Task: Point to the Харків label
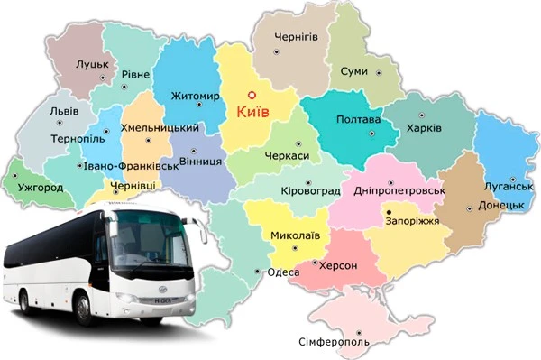point(424,128)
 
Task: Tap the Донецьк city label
point(501,206)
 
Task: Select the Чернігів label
point(297,35)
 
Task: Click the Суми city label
point(353,70)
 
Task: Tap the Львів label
point(65,112)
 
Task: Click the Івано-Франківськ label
point(126,166)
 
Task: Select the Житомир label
point(195,96)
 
